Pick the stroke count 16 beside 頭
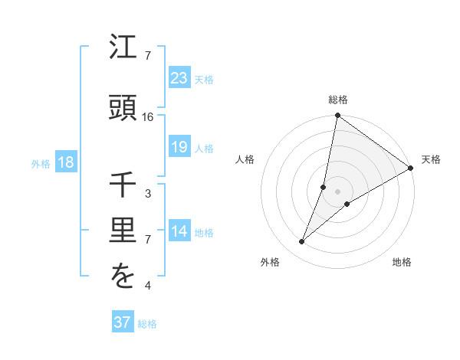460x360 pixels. (x=148, y=117)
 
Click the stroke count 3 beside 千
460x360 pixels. (x=148, y=194)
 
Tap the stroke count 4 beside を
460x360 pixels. (x=148, y=286)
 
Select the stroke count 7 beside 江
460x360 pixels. (x=148, y=56)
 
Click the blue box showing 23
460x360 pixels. (x=179, y=77)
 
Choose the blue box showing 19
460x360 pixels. (x=179, y=147)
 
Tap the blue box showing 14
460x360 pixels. (x=179, y=231)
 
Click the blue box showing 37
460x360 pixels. (x=122, y=322)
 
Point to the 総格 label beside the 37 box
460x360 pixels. (x=147, y=324)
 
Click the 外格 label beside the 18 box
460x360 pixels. (x=41, y=163)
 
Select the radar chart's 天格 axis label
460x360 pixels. (x=431, y=159)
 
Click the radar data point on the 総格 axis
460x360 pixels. (x=337, y=116)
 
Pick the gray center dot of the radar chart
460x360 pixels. (x=337, y=191)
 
